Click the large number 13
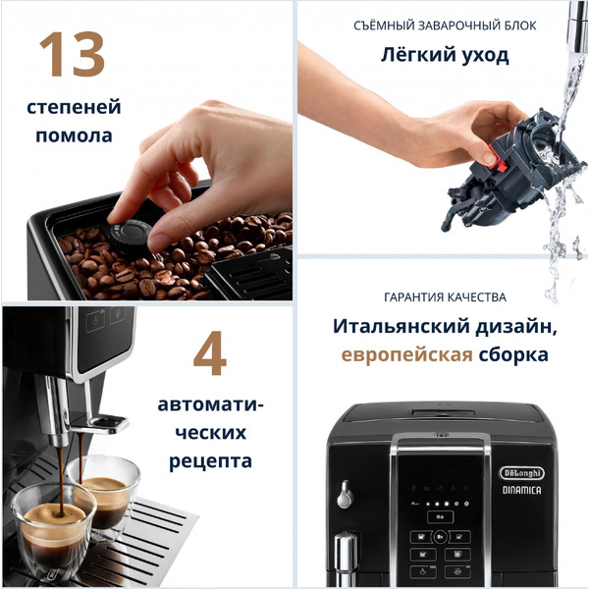72,56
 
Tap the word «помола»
74,136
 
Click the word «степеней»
74,106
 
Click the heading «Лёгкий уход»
445,55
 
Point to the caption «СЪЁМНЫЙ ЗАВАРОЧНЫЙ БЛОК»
445,26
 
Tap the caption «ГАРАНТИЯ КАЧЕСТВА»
445,296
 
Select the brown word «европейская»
406,354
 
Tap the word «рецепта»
211,460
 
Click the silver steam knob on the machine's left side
345,495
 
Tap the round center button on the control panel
440,537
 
